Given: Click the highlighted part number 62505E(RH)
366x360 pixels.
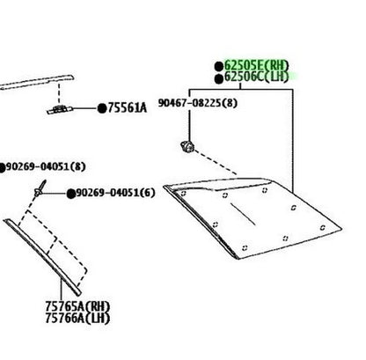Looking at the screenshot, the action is pyautogui.click(x=256, y=65).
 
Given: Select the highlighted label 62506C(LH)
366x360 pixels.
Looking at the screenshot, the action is pyautogui.click(x=256, y=77).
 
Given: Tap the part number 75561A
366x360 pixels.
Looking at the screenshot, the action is pyautogui.click(x=127, y=108).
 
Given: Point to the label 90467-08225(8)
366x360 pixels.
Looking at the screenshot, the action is pyautogui.click(x=198, y=103).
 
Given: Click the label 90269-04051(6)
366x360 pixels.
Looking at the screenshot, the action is pyautogui.click(x=115, y=193).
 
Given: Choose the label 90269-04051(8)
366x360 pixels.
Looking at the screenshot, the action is pyautogui.click(x=46, y=166).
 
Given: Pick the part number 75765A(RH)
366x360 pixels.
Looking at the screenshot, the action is pyautogui.click(x=77, y=307).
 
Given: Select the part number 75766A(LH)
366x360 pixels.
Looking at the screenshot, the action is pyautogui.click(x=77, y=319).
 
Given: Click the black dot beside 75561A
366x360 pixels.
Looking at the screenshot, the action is pyautogui.click(x=102, y=108).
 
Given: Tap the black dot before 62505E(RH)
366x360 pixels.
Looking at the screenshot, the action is pyautogui.click(x=219, y=67).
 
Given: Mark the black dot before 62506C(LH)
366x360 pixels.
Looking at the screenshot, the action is pyautogui.click(x=219, y=79).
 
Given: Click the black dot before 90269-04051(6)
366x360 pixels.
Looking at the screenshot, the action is pyautogui.click(x=70, y=194).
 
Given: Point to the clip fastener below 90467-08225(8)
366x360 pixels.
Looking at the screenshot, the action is pyautogui.click(x=187, y=146).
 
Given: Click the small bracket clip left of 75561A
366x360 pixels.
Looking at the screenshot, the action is pyautogui.click(x=60, y=110).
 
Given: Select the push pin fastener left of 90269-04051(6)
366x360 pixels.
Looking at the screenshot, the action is pyautogui.click(x=40, y=188).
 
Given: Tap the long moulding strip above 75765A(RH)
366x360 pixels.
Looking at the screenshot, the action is pyautogui.click(x=42, y=257).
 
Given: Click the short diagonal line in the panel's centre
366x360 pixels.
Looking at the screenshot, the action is pyautogui.click(x=243, y=215).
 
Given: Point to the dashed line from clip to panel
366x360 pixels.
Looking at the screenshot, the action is pyautogui.click(x=216, y=162).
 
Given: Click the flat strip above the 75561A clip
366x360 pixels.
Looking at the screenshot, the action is pyautogui.click(x=37, y=82).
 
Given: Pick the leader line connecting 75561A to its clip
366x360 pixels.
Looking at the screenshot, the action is pyautogui.click(x=85, y=108).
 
